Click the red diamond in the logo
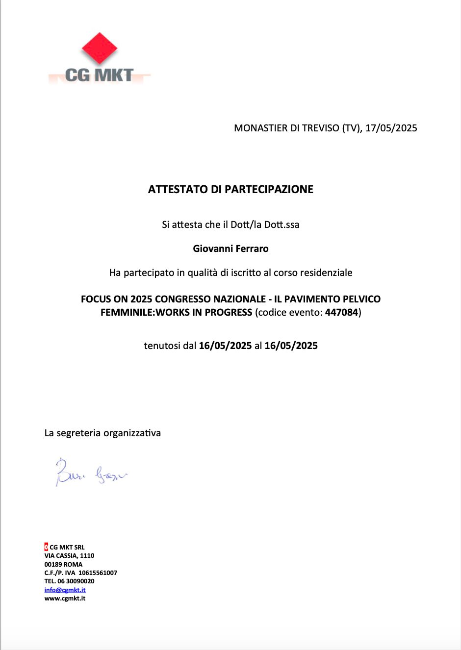coord(100,48)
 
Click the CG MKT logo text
coord(100,75)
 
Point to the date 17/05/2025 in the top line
coord(391,128)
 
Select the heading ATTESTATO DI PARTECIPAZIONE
coord(230,189)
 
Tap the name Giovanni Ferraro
coord(230,249)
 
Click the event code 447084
coord(341,312)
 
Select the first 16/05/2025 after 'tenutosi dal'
coord(225,346)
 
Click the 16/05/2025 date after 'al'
coord(291,346)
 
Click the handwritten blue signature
coord(91,473)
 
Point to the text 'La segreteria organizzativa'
coord(102,433)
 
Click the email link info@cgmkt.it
coord(65,590)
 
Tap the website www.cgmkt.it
coord(65,598)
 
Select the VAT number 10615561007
coord(98,573)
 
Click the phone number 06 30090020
coord(76,581)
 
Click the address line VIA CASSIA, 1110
coord(69,555)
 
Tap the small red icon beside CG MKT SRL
coord(46,547)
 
